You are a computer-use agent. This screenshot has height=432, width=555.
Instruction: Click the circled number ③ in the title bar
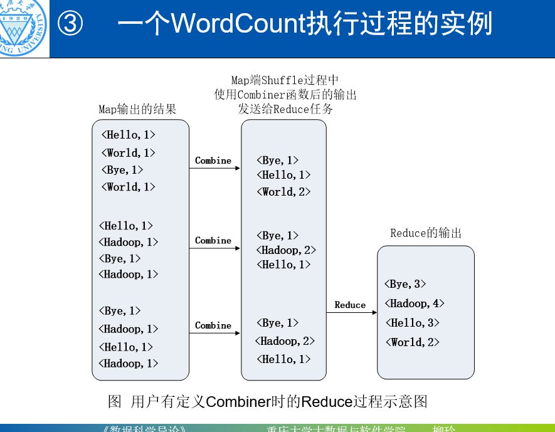point(70,24)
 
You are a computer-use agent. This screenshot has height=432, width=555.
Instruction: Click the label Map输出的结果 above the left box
point(137,110)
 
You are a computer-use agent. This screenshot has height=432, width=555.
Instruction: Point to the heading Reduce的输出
point(426,233)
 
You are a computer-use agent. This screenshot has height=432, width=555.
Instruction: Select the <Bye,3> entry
point(405,284)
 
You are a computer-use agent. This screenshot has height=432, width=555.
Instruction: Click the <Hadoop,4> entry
point(415,303)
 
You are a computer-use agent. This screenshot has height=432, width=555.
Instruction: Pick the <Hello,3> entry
point(412,323)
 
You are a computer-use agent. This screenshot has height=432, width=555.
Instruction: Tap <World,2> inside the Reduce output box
point(412,342)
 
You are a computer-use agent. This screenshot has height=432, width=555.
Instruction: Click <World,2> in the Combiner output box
point(283,192)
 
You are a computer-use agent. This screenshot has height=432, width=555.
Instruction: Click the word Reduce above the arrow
point(350,305)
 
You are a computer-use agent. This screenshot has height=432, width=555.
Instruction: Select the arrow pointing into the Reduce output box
point(351,312)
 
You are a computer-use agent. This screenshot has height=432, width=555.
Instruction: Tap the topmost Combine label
point(213,161)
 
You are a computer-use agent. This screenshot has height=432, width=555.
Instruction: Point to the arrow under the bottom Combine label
point(215,333)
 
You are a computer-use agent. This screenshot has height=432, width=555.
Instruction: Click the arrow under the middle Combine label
point(215,248)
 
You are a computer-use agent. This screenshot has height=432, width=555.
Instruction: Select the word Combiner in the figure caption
point(238,401)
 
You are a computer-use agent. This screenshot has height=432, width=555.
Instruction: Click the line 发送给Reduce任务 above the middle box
point(285,109)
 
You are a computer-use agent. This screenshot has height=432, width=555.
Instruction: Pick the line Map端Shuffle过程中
point(285,80)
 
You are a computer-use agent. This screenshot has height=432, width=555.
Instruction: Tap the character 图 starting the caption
point(115,401)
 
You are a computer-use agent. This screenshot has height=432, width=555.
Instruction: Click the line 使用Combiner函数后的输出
point(285,95)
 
